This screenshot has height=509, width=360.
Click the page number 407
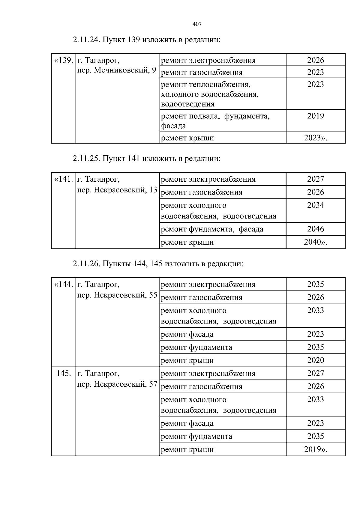[x=197, y=24]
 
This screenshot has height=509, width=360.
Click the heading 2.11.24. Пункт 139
[x=146, y=40]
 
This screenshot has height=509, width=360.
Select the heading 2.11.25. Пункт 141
[x=146, y=159]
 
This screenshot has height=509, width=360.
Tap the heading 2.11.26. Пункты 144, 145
[x=157, y=264]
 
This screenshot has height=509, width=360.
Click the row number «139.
[x=64, y=61]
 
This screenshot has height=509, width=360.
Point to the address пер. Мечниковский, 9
[x=117, y=70]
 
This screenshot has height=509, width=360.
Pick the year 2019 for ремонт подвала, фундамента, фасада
[x=315, y=116]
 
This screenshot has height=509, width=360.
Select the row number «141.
[x=64, y=180]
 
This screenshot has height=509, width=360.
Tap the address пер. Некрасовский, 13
[x=117, y=190]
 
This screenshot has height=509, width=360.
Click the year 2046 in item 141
[x=315, y=229]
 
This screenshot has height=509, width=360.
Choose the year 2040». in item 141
[x=315, y=242]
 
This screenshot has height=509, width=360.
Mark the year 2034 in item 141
[x=315, y=205]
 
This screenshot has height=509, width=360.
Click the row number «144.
[x=64, y=284]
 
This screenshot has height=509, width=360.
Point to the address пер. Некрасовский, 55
[x=117, y=295]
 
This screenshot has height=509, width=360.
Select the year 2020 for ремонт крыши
[x=315, y=360]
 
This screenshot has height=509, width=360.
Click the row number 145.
[x=64, y=374]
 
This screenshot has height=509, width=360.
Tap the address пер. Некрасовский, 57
[x=117, y=384]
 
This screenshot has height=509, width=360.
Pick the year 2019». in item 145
[x=315, y=450]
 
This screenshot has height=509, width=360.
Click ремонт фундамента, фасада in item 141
[x=212, y=229]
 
